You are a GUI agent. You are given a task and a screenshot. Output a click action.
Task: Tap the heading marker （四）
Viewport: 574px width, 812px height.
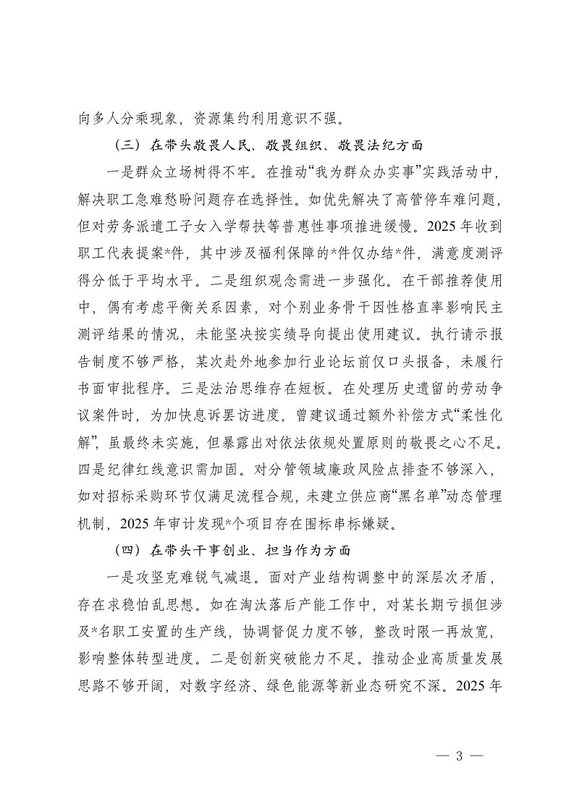(x=132, y=550)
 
